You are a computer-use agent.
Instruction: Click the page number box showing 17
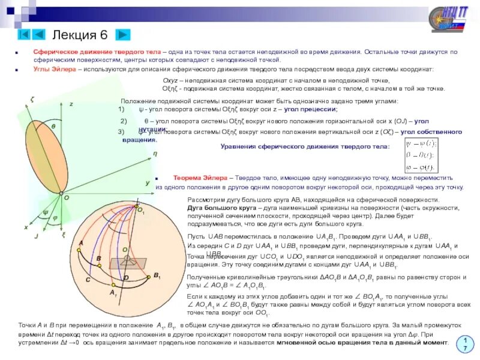point(464,344)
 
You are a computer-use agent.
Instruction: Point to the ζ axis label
point(32,98)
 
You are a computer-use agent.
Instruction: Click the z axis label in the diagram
point(71,104)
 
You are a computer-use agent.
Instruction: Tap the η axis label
point(154,154)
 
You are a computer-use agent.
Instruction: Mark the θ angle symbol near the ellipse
point(53,127)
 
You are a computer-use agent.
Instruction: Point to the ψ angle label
point(46,212)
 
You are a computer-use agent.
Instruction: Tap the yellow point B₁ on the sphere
point(148,277)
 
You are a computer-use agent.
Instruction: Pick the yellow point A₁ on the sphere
point(113,286)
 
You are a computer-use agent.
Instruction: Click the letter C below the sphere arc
point(88,280)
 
